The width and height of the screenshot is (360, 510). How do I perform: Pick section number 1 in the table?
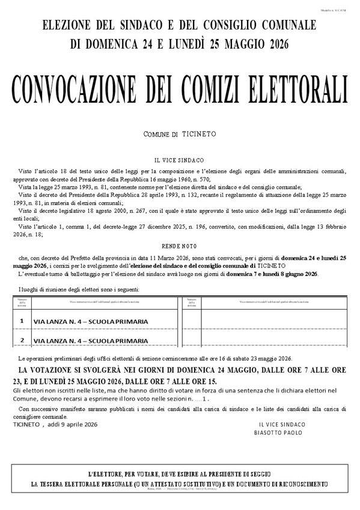[22, 321]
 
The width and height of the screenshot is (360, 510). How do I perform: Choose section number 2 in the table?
[22, 340]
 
